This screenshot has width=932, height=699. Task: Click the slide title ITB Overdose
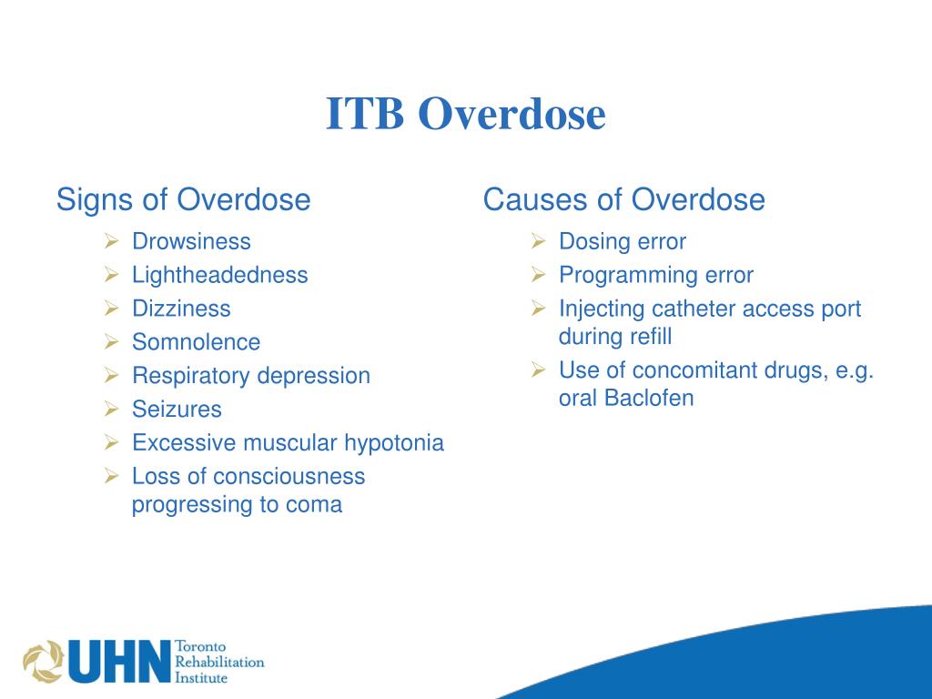pyautogui.click(x=466, y=115)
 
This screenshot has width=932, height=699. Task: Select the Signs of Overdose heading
pyautogui.click(x=183, y=199)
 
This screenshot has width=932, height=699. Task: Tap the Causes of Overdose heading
pyautogui.click(x=623, y=199)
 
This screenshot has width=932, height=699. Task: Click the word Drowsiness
pyautogui.click(x=191, y=241)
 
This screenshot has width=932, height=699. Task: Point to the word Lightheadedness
pyautogui.click(x=220, y=275)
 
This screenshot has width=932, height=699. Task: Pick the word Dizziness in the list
pyautogui.click(x=181, y=309)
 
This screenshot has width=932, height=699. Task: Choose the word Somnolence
pyautogui.click(x=196, y=342)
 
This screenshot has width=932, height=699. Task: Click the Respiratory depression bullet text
pyautogui.click(x=251, y=376)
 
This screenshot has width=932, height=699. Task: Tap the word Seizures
pyautogui.click(x=177, y=410)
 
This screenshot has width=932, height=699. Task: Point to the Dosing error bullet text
pyautogui.click(x=623, y=241)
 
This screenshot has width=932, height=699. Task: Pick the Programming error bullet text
pyautogui.click(x=656, y=275)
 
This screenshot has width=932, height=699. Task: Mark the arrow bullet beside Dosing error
pyautogui.click(x=538, y=241)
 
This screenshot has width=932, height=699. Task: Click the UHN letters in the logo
pyautogui.click(x=119, y=662)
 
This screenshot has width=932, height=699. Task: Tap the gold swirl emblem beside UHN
pyautogui.click(x=43, y=663)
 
